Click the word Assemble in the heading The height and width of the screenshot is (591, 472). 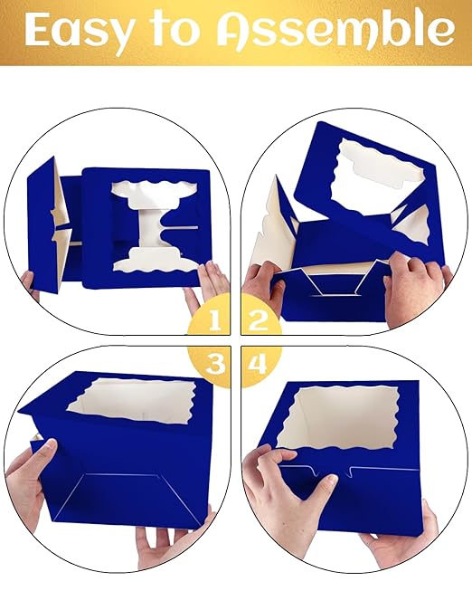(335, 29)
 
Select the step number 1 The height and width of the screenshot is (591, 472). (214, 320)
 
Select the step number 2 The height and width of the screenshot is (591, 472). (259, 320)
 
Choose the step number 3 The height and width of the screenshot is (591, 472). (215, 364)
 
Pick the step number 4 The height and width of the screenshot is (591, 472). (258, 364)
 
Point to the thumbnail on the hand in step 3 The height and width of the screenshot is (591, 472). (49, 445)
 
